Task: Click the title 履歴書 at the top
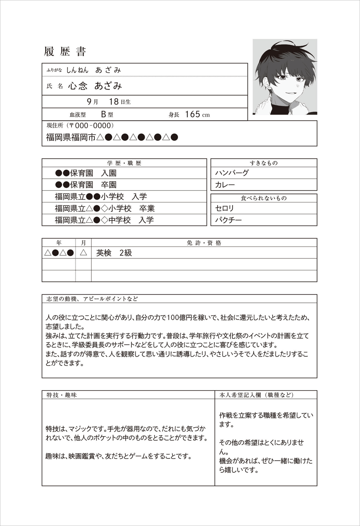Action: (x=65, y=52)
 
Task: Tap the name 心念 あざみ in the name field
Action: (x=95, y=86)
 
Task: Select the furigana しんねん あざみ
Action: (x=94, y=70)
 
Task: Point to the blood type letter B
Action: (x=103, y=114)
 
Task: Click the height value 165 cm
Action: (x=197, y=114)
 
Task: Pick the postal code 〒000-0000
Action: (x=92, y=126)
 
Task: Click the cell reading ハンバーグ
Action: (x=232, y=173)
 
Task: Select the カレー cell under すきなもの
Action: (x=225, y=185)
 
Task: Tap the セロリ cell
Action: (x=225, y=208)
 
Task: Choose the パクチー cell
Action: (x=229, y=220)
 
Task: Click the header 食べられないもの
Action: (x=264, y=198)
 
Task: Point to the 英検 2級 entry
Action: (x=114, y=253)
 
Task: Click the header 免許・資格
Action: (x=204, y=243)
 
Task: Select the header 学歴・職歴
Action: (x=124, y=163)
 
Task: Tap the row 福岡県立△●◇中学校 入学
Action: (x=105, y=220)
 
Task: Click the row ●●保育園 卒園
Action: (x=86, y=185)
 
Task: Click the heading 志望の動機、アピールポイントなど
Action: (x=92, y=299)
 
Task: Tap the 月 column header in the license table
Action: (x=83, y=243)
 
